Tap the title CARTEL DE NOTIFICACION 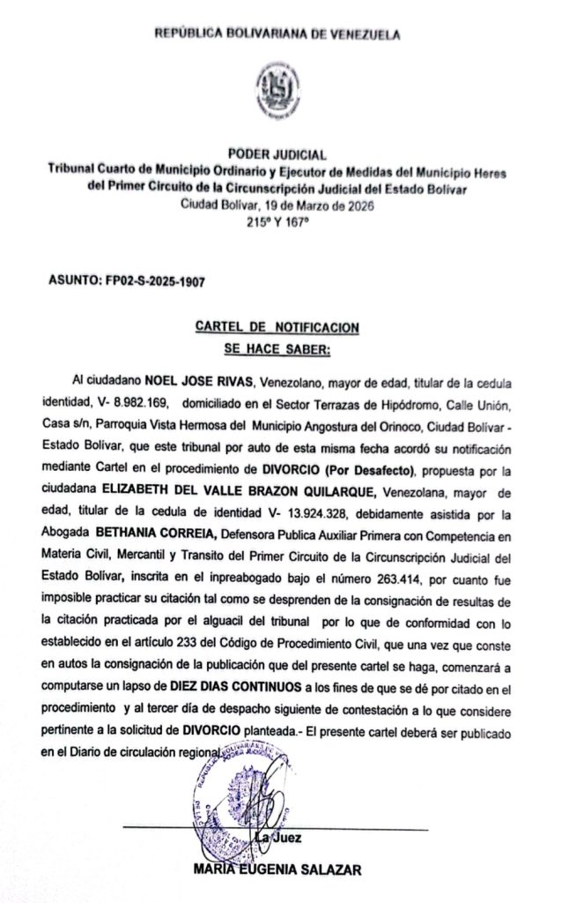pyautogui.click(x=277, y=327)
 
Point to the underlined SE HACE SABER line pyautogui.click(x=276, y=349)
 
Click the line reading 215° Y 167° pyautogui.click(x=277, y=221)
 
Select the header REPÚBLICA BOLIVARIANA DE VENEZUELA pyautogui.click(x=277, y=34)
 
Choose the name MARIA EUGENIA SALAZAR pyautogui.click(x=277, y=869)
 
